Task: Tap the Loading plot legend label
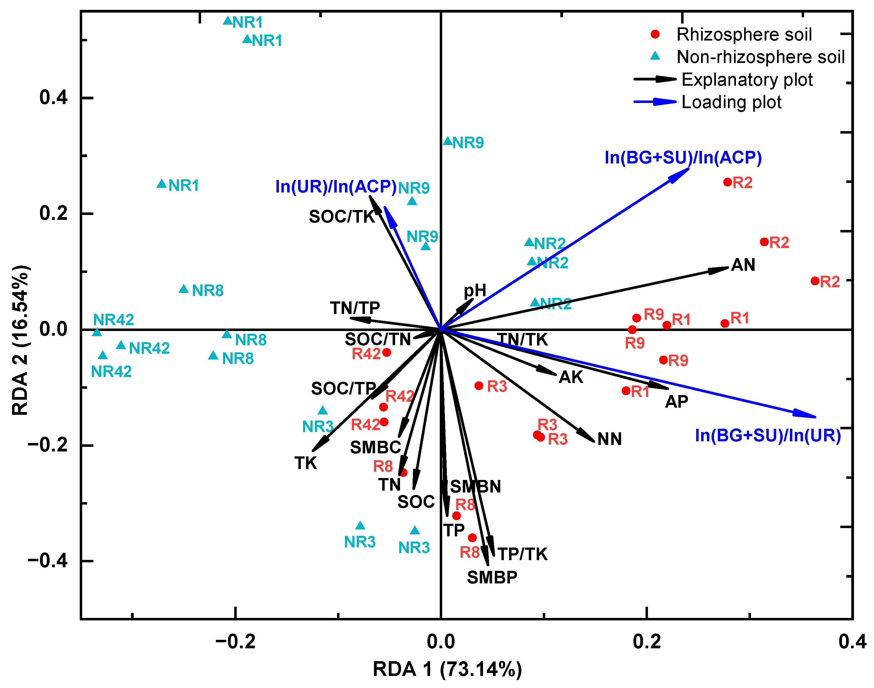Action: (731, 102)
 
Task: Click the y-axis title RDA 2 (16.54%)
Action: (20, 340)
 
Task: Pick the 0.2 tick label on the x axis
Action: (647, 642)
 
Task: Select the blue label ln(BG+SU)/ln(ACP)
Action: (683, 157)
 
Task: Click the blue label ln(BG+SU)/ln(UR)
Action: (768, 435)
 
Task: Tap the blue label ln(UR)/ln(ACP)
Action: (336, 186)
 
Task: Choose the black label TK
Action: (305, 463)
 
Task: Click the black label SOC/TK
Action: (342, 217)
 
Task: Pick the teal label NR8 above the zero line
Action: (208, 291)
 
